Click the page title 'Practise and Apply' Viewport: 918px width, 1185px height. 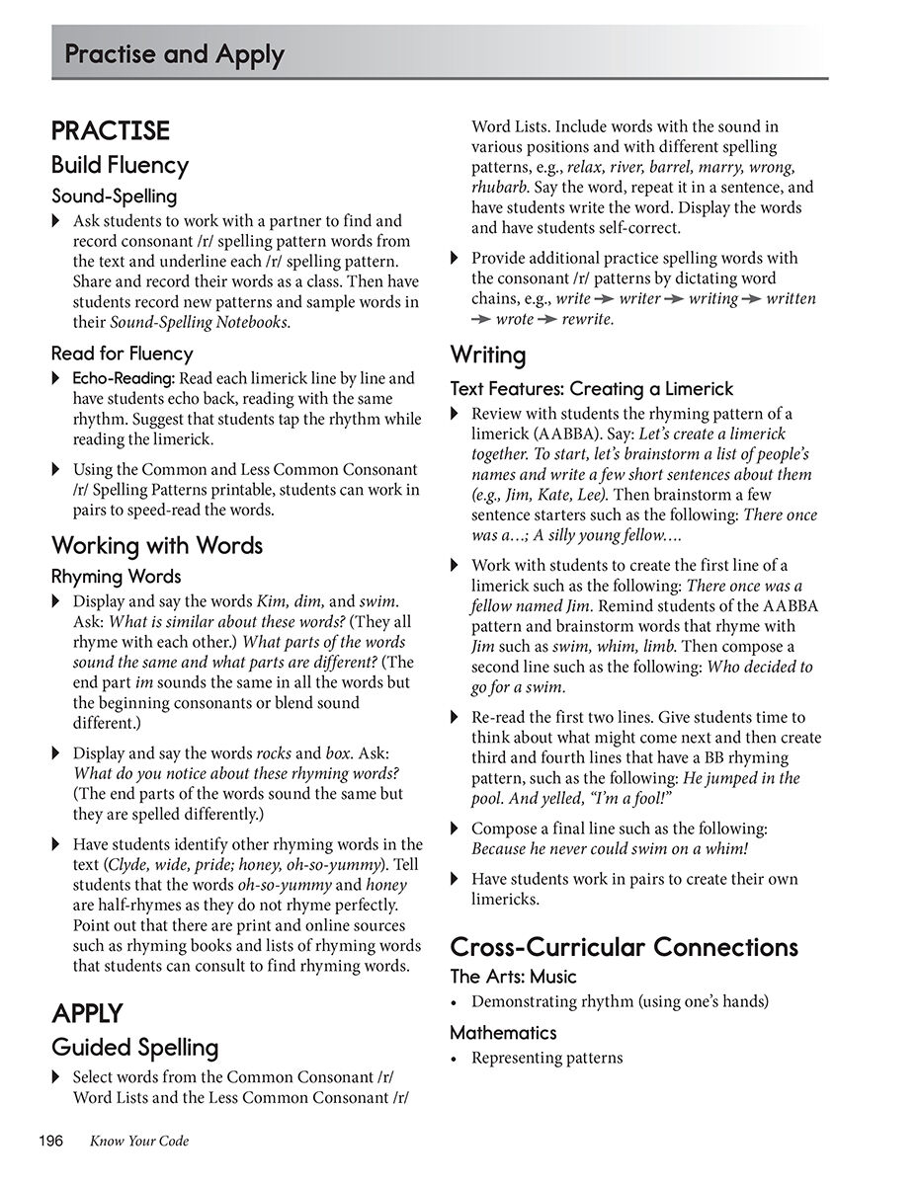pyautogui.click(x=174, y=54)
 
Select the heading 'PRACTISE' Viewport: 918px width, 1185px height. pyautogui.click(x=111, y=131)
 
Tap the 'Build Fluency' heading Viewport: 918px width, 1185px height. pyautogui.click(x=120, y=165)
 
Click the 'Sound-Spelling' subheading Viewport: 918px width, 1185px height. pyautogui.click(x=114, y=196)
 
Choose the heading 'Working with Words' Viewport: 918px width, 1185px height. pyautogui.click(x=157, y=545)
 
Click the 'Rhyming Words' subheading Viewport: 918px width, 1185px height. pyautogui.click(x=116, y=576)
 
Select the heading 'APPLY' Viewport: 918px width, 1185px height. pyautogui.click(x=87, y=1013)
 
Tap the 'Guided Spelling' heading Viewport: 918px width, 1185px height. pyautogui.click(x=134, y=1047)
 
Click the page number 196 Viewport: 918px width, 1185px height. pyautogui.click(x=50, y=1142)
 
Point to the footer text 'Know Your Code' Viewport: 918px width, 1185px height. pyautogui.click(x=138, y=1142)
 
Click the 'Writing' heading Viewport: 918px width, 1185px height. pyautogui.click(x=488, y=355)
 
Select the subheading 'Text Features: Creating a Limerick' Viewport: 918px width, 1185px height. pyautogui.click(x=592, y=388)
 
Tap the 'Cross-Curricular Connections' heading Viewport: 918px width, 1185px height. pyautogui.click(x=624, y=947)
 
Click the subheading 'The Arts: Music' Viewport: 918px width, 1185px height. pyautogui.click(x=513, y=977)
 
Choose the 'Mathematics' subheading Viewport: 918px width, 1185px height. pyautogui.click(x=503, y=1033)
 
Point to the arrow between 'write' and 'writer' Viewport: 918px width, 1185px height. pyautogui.click(x=605, y=299)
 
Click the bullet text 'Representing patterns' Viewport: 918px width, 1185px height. pyautogui.click(x=546, y=1058)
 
